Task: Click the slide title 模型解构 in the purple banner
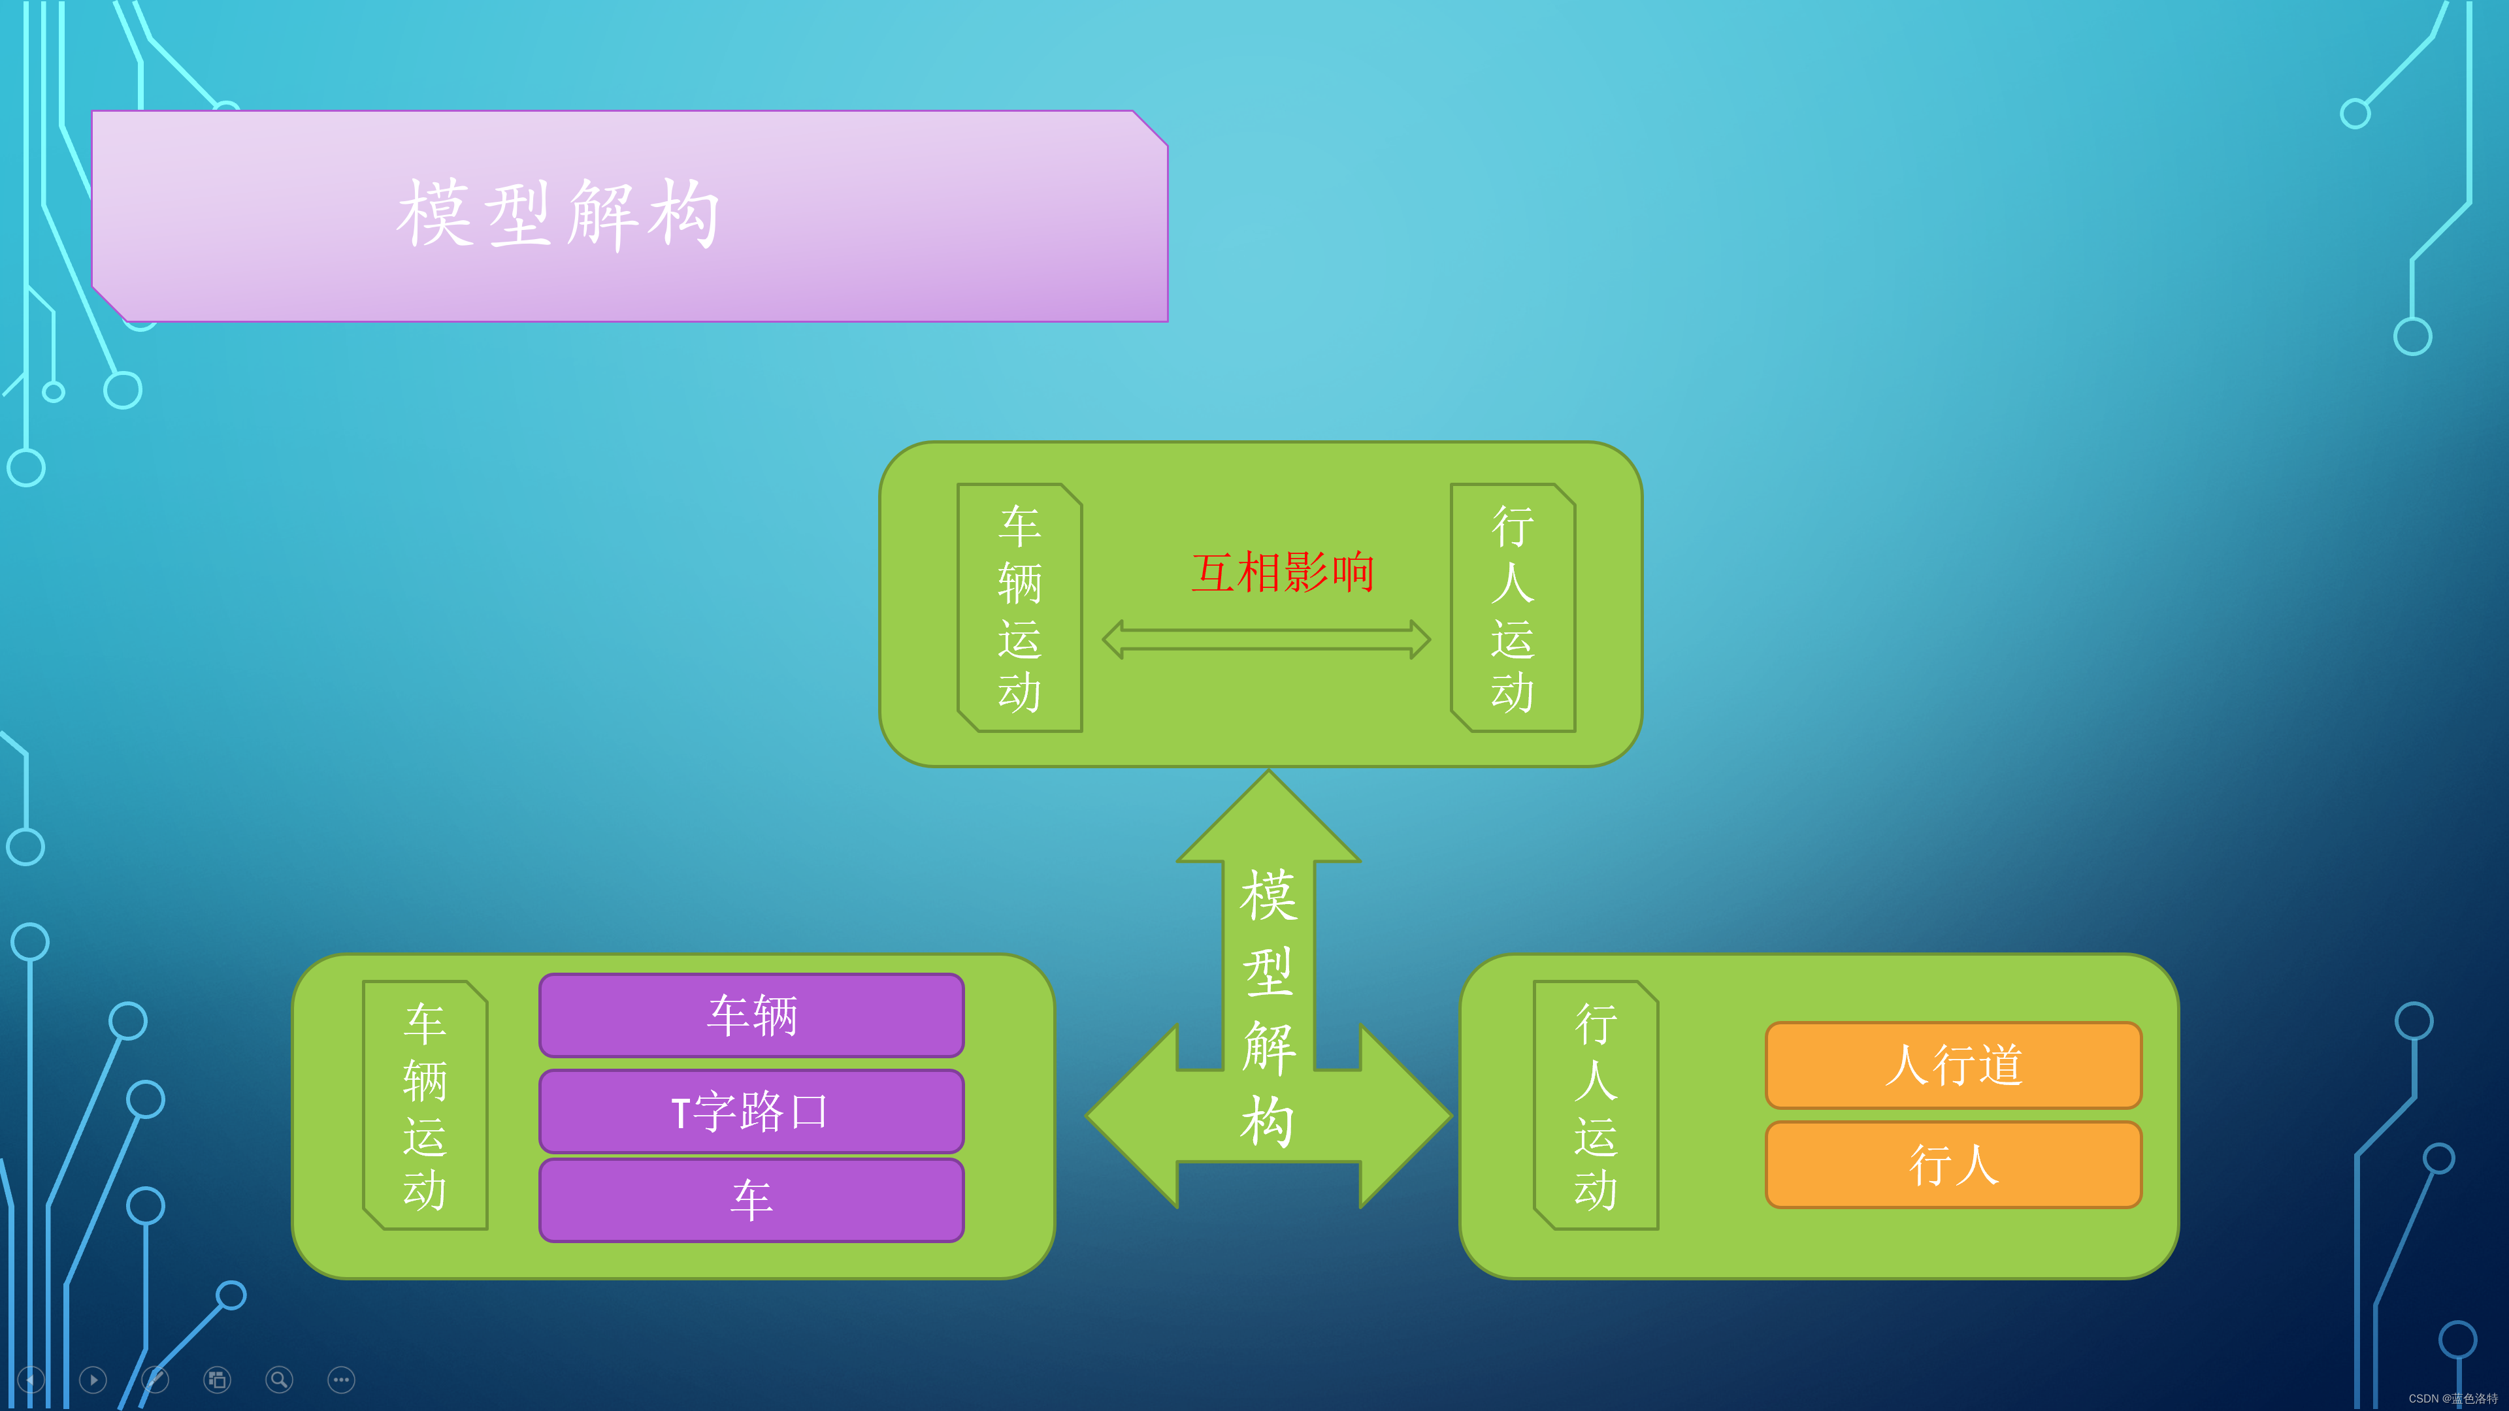(559, 214)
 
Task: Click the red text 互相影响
(1282, 573)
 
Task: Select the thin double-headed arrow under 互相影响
(1266, 640)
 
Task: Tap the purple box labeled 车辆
(751, 1014)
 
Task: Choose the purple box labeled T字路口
(751, 1111)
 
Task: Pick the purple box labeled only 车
(751, 1200)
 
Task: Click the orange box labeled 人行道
(1953, 1064)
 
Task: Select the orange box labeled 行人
(1953, 1165)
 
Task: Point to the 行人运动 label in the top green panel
(1513, 608)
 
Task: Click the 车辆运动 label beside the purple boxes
(425, 1105)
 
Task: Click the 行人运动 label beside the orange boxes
(1596, 1105)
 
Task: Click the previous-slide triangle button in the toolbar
(31, 1379)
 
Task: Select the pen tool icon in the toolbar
(155, 1379)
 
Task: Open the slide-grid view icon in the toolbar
(217, 1379)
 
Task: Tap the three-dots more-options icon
(341, 1379)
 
